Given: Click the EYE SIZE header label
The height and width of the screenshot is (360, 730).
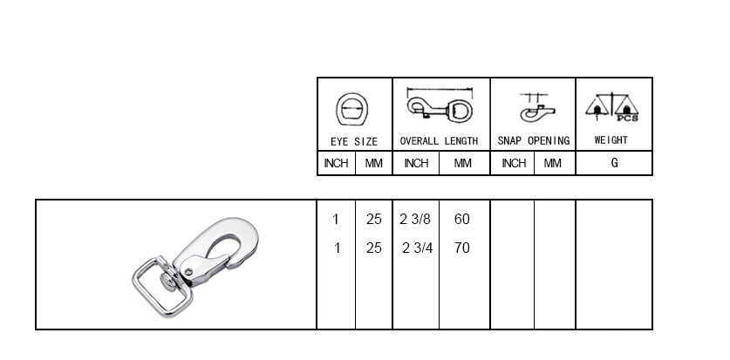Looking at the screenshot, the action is (354, 141).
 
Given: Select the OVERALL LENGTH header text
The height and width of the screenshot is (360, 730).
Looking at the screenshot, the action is (439, 141).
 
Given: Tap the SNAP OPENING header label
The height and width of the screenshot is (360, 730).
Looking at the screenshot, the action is (534, 141).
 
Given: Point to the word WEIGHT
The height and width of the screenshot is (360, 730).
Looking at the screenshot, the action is (611, 140).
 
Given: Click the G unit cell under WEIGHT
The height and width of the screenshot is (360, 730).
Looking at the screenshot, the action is (615, 163).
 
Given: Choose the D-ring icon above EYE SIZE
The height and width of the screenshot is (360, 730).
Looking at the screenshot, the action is (352, 109).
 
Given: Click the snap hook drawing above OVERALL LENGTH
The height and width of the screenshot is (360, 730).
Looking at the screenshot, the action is (440, 106).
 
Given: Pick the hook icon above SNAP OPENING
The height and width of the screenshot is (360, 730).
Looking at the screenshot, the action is (536, 108).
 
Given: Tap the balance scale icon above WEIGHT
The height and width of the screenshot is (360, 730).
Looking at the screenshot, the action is (611, 106).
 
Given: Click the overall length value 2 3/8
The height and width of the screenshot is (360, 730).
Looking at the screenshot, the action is (415, 219).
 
